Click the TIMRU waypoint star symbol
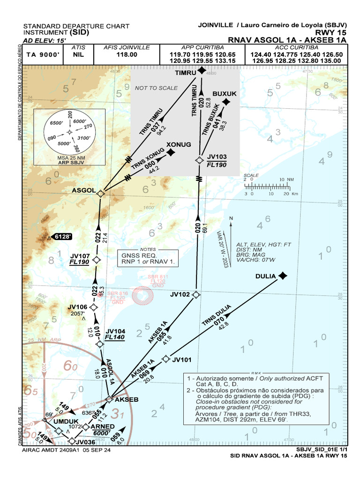click(202, 71)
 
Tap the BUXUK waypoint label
click(225, 94)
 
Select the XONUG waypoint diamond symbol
click(172, 152)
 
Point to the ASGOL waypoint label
click(83, 191)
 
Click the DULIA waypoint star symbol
click(282, 276)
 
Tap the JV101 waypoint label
click(182, 360)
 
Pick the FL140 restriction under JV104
click(114, 337)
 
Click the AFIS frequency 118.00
click(127, 54)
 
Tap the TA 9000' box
click(43, 54)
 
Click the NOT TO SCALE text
click(156, 88)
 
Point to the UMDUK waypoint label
click(64, 421)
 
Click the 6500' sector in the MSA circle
click(56, 123)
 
